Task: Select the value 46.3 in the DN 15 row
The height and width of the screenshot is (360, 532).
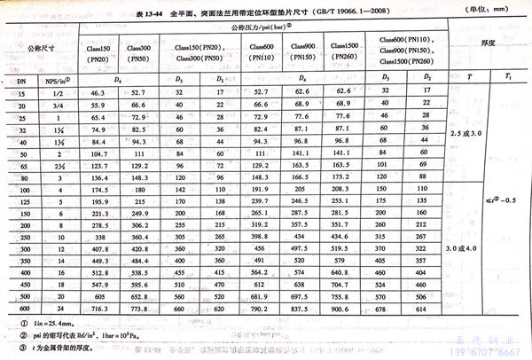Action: [98, 91]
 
